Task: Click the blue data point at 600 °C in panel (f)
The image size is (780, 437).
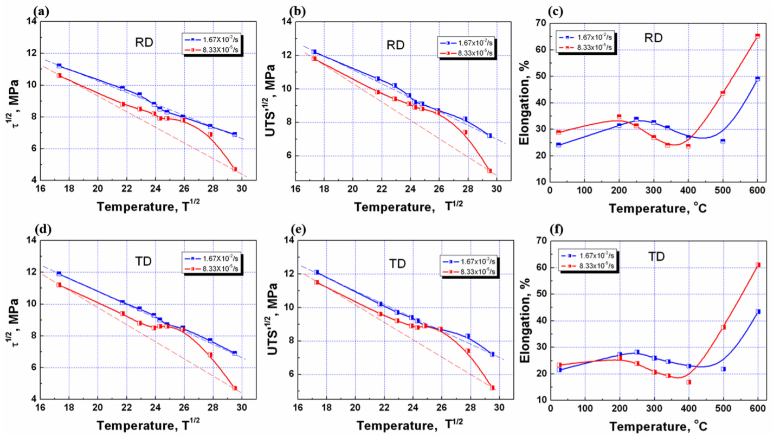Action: click(x=758, y=312)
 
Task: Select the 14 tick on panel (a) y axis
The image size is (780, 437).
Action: click(x=32, y=22)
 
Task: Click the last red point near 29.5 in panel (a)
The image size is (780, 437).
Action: click(x=235, y=169)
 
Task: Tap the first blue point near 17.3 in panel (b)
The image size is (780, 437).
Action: click(x=314, y=52)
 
